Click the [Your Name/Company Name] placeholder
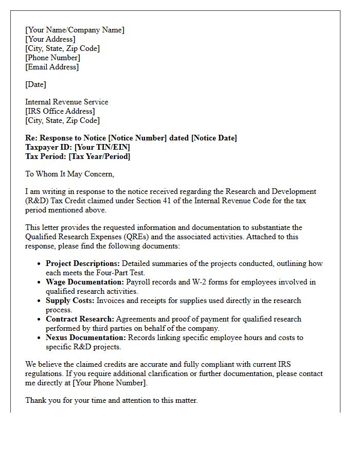coord(75,30)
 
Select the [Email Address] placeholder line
coord(52,67)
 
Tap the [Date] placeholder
coord(35,84)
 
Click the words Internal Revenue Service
coord(67,102)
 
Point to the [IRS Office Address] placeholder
coord(60,111)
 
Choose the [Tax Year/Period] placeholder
coord(99,156)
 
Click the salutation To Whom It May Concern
coord(69,174)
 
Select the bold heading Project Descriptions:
coord(83,263)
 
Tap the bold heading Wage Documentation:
coord(85,282)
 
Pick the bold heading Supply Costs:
coord(70,300)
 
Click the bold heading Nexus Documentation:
coord(86,337)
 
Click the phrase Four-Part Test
coord(119,273)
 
